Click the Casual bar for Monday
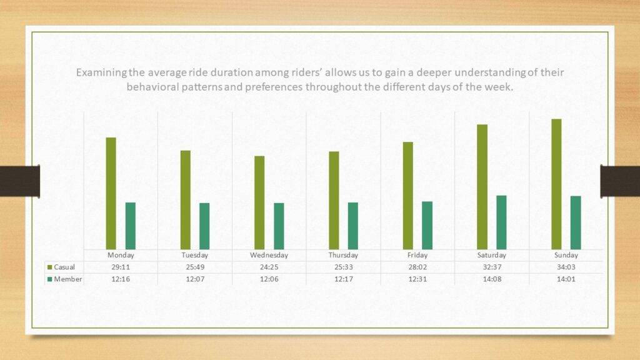click(x=111, y=193)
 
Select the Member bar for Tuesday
click(x=204, y=226)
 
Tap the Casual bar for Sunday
click(x=556, y=184)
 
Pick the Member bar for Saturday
click(x=501, y=222)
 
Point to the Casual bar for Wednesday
click(x=259, y=202)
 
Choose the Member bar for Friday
click(x=427, y=225)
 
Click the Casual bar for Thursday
click(x=334, y=200)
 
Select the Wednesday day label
click(x=269, y=255)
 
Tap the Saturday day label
click(x=492, y=255)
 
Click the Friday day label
click(x=417, y=255)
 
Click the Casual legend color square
click(x=50, y=267)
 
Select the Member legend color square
click(x=50, y=279)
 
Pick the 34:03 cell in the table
click(x=566, y=267)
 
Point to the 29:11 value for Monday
click(x=121, y=267)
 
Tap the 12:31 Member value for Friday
click(x=417, y=279)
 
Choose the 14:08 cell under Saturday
click(x=492, y=279)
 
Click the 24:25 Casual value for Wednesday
click(x=269, y=267)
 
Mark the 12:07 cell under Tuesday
click(x=195, y=279)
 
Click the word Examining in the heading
click(x=99, y=72)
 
